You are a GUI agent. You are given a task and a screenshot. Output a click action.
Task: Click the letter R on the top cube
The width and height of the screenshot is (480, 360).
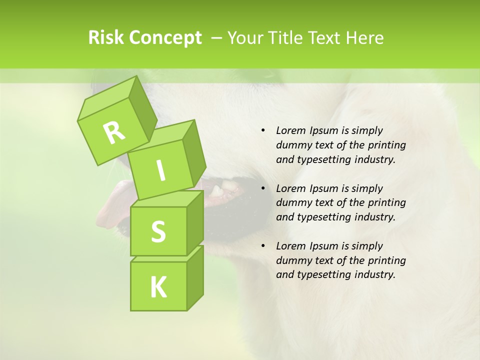coord(114,132)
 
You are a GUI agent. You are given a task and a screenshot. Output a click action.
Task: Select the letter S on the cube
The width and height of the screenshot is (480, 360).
coord(158,232)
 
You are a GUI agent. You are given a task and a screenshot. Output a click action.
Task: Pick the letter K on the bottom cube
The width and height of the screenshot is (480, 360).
coord(158,287)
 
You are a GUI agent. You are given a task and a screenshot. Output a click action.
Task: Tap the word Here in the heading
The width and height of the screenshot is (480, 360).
coord(364,38)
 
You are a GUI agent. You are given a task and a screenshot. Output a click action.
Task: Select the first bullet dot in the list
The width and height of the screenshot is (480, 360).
coord(263,130)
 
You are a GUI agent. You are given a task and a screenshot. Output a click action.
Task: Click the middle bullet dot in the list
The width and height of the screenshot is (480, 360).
coord(263,188)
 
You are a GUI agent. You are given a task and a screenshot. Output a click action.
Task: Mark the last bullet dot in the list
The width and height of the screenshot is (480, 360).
coord(263,246)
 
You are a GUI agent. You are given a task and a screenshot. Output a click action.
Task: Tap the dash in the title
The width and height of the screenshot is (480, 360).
coord(217,38)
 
